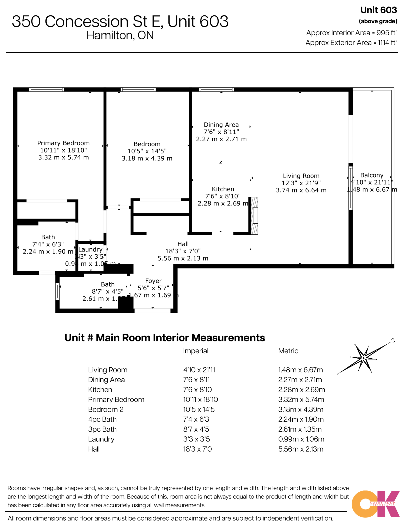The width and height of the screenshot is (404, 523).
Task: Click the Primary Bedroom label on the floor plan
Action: pyautogui.click(x=63, y=143)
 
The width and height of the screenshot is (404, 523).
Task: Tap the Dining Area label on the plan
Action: pyautogui.click(x=221, y=125)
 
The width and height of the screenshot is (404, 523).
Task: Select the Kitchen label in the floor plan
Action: pyautogui.click(x=223, y=189)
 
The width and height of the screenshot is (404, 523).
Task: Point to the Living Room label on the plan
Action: pyautogui.click(x=301, y=176)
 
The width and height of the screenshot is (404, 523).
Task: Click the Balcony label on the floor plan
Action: pyautogui.click(x=372, y=175)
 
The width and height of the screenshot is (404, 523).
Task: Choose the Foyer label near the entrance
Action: pyautogui.click(x=153, y=281)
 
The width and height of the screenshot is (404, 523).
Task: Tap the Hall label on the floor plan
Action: pyautogui.click(x=183, y=244)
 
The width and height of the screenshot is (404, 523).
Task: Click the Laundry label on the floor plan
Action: pyautogui.click(x=90, y=250)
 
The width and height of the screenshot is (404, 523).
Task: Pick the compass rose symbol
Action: pyautogui.click(x=364, y=358)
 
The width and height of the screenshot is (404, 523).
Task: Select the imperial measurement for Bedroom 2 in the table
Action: pyautogui.click(x=199, y=409)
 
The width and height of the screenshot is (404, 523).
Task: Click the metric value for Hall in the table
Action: pyautogui.click(x=300, y=449)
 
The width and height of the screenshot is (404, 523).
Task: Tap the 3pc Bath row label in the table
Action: pyautogui.click(x=102, y=429)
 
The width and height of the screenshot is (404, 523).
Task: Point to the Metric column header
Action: pyautogui.click(x=288, y=351)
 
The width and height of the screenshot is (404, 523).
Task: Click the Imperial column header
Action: pyautogui.click(x=196, y=351)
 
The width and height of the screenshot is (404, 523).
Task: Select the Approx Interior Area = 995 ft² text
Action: pyautogui.click(x=351, y=33)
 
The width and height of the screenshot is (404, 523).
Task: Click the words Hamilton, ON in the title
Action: pyautogui.click(x=120, y=35)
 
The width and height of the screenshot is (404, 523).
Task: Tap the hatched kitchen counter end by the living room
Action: pyautogui.click(x=254, y=216)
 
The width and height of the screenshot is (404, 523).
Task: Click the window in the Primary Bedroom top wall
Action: pyautogui.click(x=46, y=89)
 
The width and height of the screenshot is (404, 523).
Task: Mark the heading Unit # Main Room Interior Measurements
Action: pyautogui.click(x=165, y=338)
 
